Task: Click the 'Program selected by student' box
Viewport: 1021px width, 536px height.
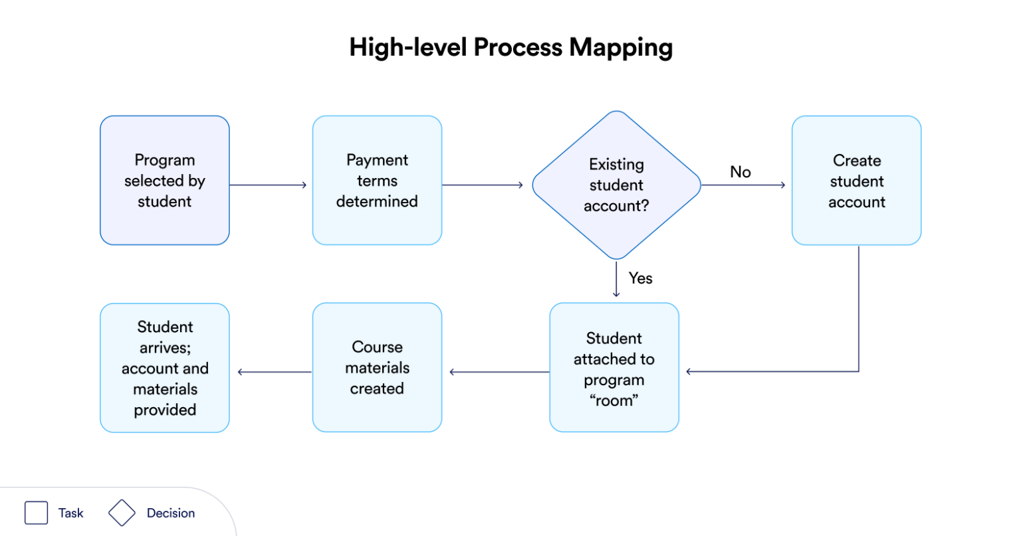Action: click(x=164, y=181)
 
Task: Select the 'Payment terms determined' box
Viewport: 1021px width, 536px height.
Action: click(x=377, y=181)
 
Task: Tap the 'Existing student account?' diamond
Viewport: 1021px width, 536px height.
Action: click(x=616, y=185)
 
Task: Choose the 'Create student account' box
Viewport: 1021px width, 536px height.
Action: click(x=856, y=181)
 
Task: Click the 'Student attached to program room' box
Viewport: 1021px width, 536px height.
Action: click(x=614, y=368)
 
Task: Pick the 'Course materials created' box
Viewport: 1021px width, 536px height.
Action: click(x=377, y=368)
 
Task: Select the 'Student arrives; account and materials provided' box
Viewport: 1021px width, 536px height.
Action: click(x=164, y=368)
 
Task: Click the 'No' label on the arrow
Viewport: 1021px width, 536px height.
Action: click(x=740, y=172)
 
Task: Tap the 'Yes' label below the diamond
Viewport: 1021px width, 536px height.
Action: click(x=640, y=278)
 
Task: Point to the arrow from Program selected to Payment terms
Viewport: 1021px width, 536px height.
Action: click(x=268, y=185)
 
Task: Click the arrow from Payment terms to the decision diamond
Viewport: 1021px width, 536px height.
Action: click(x=483, y=185)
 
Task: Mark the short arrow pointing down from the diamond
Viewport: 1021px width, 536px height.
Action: click(x=616, y=280)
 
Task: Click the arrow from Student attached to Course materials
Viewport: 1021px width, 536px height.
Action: click(x=499, y=372)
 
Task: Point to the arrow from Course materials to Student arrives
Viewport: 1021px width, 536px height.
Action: click(x=275, y=372)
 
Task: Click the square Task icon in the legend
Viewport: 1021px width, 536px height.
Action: click(x=36, y=513)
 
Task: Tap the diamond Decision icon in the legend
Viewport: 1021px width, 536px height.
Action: click(x=122, y=513)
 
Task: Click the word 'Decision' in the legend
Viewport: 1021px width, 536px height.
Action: click(x=171, y=513)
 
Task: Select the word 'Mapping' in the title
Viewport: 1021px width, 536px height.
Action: click(x=621, y=47)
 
